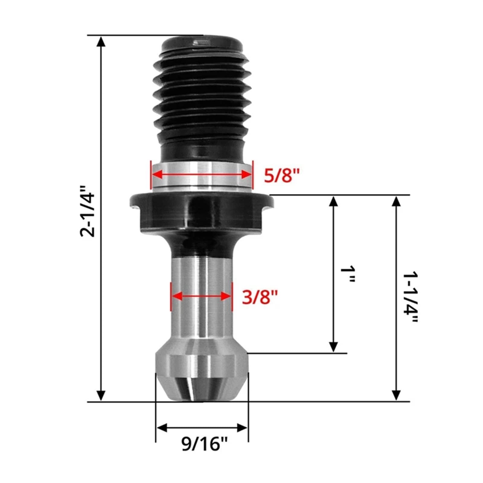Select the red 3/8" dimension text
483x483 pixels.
coord(260,297)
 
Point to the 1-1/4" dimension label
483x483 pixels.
coord(411,298)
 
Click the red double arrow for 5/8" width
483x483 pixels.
coord(201,174)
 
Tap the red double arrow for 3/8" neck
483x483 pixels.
coord(201,296)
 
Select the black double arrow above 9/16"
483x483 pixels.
coord(202,428)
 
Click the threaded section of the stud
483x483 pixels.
coord(202,100)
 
